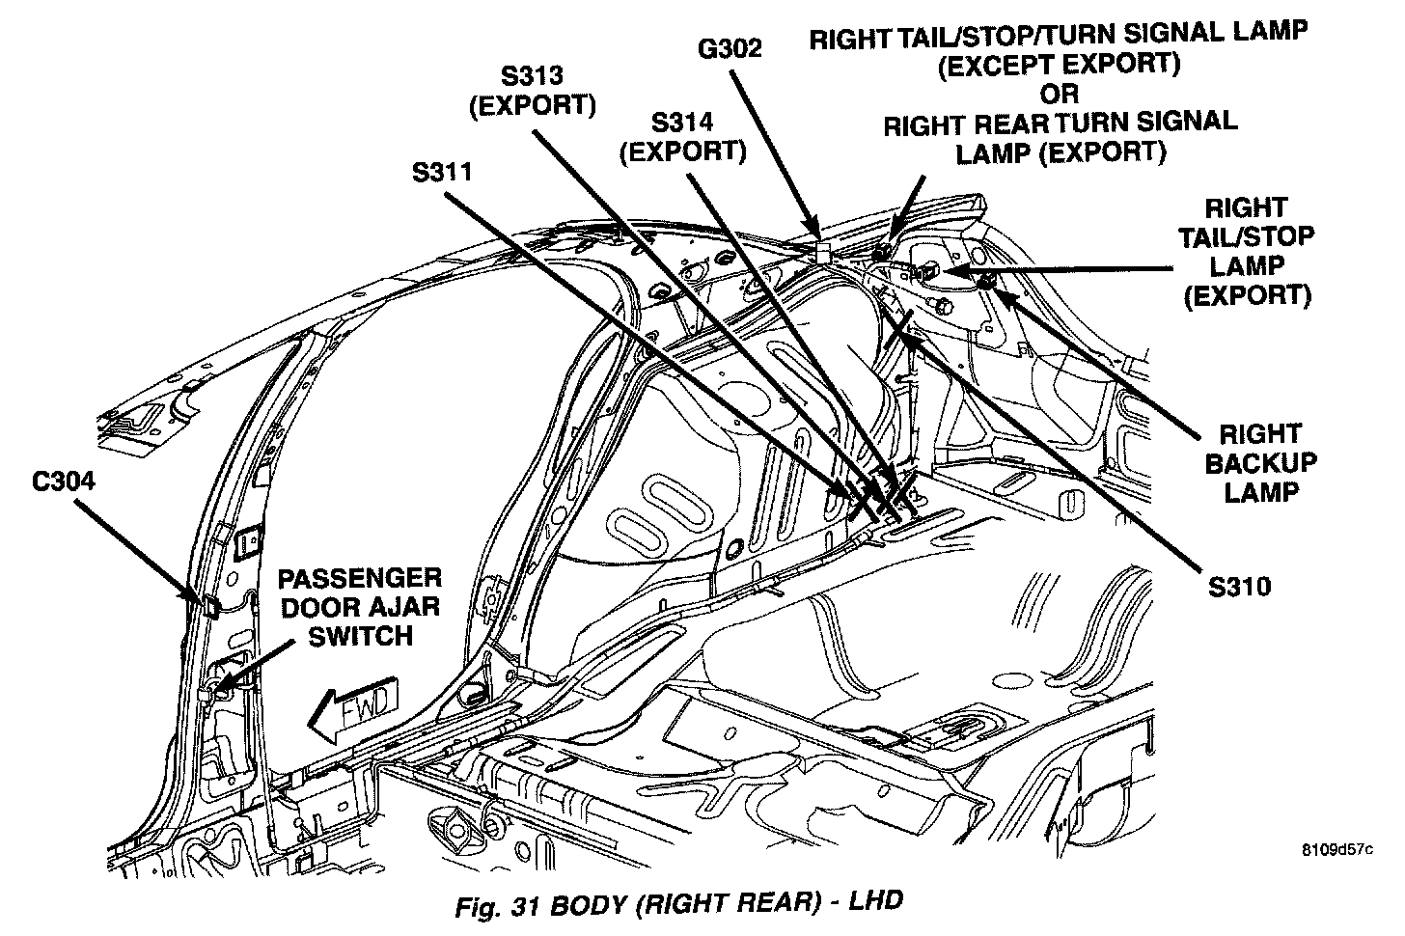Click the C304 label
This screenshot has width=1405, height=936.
(x=64, y=481)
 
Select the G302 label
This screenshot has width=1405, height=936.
(x=730, y=48)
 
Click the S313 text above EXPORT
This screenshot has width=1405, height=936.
(x=532, y=75)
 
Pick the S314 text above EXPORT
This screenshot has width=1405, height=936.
(x=682, y=123)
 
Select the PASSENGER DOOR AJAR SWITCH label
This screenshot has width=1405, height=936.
(x=360, y=607)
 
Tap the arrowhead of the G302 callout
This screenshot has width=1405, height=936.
(x=818, y=234)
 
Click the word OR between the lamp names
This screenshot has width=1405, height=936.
(x=1059, y=95)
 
